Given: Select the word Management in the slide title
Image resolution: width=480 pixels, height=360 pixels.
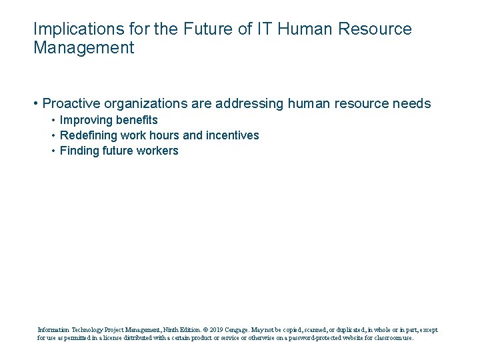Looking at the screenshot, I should tap(83, 48).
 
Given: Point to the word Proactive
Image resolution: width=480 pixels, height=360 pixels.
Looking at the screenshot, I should tap(72, 103).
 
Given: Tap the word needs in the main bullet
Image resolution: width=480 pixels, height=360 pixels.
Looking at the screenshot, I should tap(413, 103).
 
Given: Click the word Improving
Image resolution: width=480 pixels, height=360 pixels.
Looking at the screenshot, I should tap(85, 120).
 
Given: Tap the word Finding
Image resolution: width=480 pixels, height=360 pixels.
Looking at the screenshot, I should tap(79, 151).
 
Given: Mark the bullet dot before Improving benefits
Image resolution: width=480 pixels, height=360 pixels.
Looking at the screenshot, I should tap(53, 120).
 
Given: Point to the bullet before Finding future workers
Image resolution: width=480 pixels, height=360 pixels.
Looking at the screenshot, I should tap(53, 151).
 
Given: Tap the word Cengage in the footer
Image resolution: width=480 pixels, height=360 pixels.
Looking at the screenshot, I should tap(238, 329).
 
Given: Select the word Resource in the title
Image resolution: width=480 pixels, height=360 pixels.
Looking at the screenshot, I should tap(376, 29).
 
